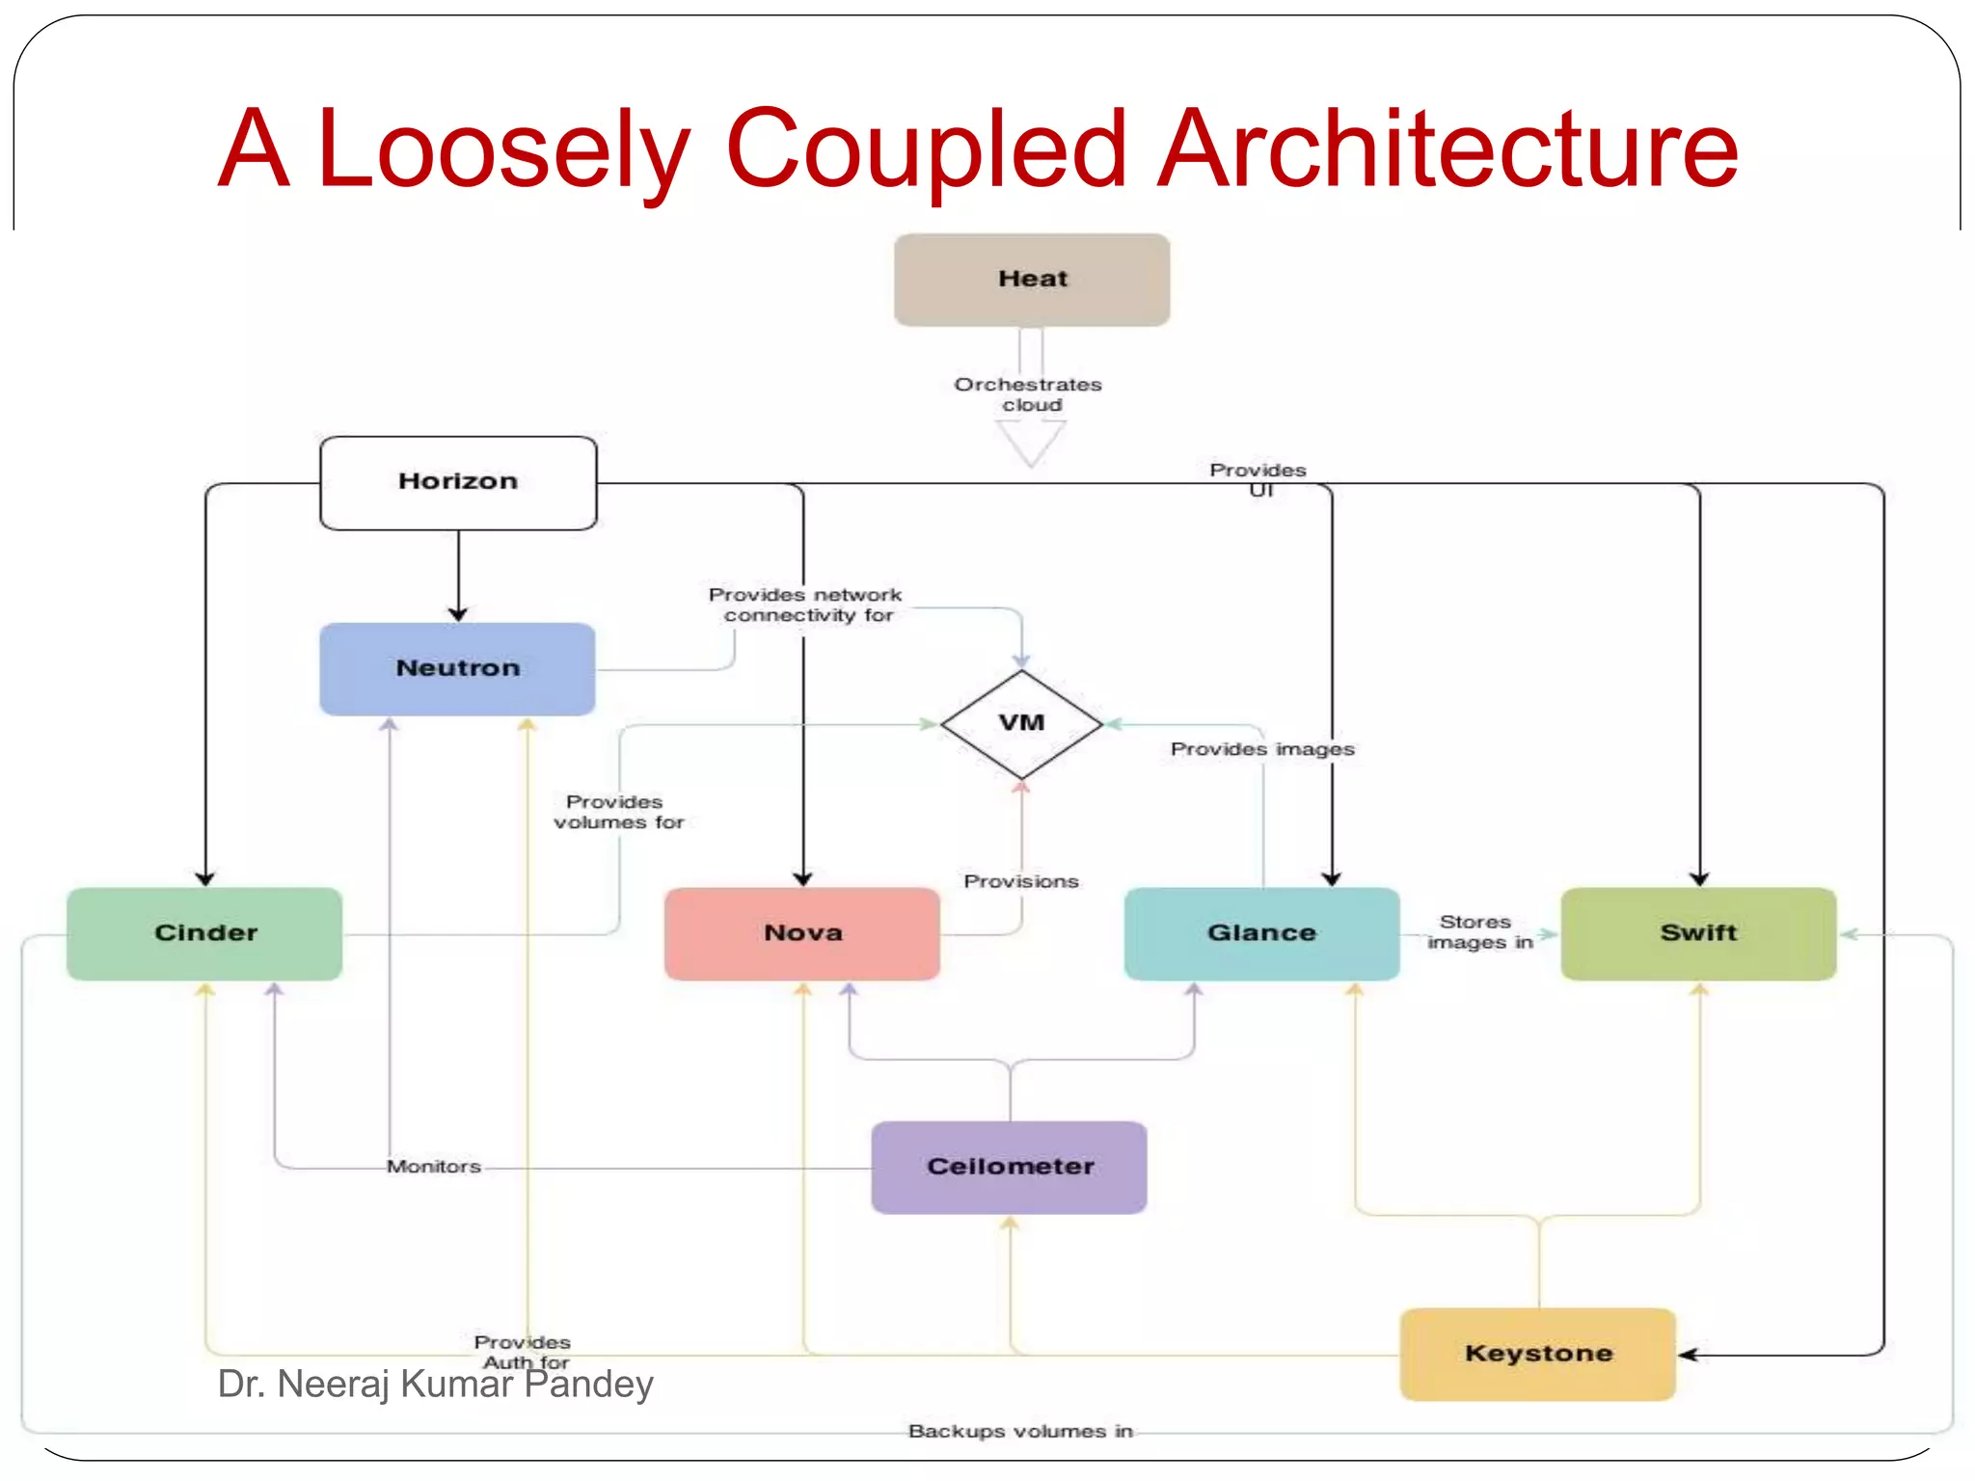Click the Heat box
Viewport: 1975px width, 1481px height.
(1032, 280)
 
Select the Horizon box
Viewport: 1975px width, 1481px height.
(458, 482)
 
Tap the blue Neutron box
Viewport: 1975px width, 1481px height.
(457, 668)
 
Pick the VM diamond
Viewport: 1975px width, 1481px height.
(1021, 723)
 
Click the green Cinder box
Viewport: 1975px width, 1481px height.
(204, 933)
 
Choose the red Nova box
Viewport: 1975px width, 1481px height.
(802, 933)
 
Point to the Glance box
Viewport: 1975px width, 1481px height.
(1261, 933)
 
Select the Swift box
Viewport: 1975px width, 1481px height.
(1698, 933)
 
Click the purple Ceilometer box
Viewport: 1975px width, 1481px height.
(1010, 1167)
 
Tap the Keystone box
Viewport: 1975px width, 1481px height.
(1538, 1354)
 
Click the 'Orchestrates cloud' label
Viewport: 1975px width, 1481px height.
(1029, 394)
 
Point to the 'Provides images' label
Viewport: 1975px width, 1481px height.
(1262, 749)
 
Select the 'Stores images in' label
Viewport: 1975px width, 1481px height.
(1478, 932)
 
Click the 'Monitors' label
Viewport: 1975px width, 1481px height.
(434, 1167)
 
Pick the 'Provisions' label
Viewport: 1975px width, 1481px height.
(1021, 881)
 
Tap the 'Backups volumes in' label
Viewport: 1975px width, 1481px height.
(1020, 1431)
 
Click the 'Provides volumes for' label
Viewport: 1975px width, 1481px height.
(617, 812)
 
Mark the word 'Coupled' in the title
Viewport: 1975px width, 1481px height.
(926, 149)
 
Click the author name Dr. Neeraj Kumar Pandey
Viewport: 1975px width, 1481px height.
(436, 1385)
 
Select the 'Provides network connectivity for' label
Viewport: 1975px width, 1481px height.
(806, 605)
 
